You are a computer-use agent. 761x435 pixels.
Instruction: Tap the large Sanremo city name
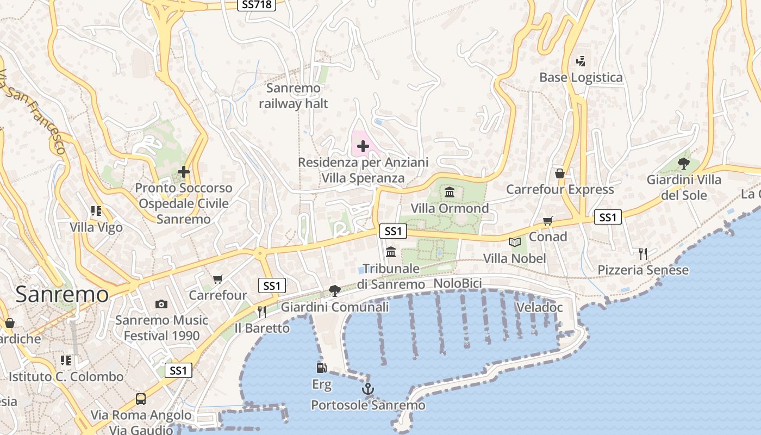(x=62, y=295)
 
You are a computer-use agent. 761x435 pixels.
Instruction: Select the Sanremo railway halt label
(x=294, y=96)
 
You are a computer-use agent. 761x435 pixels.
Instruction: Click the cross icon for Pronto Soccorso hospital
(x=184, y=172)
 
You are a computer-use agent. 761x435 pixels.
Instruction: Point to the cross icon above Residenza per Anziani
(x=363, y=146)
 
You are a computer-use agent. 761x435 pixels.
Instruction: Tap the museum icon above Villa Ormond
(x=450, y=192)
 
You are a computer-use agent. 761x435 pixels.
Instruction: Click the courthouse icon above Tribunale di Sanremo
(x=391, y=252)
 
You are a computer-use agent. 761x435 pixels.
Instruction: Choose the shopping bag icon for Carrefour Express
(x=560, y=173)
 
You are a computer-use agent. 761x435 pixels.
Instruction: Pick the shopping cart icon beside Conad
(x=548, y=221)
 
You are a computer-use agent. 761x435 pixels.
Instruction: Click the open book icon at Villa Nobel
(x=514, y=242)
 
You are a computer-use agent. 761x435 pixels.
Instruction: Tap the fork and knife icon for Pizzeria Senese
(x=643, y=253)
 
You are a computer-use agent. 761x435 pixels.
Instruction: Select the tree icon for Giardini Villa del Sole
(x=684, y=163)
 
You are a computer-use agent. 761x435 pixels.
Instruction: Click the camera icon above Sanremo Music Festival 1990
(x=161, y=304)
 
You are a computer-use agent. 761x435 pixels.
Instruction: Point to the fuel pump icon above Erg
(x=322, y=368)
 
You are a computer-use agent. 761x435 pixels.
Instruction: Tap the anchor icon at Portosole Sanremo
(x=368, y=389)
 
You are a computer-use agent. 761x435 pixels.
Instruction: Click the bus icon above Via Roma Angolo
(x=141, y=399)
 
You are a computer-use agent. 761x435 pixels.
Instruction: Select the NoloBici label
(x=457, y=284)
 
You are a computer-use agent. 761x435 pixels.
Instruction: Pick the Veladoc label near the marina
(x=539, y=307)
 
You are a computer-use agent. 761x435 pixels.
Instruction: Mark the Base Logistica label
(x=581, y=77)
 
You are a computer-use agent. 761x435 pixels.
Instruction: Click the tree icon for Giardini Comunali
(x=335, y=291)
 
